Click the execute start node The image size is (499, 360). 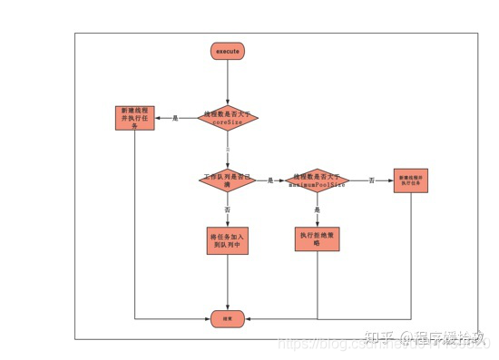point(228,52)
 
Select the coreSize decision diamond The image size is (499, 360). point(228,118)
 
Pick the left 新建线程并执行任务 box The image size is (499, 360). point(135,118)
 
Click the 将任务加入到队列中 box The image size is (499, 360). point(228,242)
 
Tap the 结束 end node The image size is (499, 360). point(228,318)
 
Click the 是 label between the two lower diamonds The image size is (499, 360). point(270,180)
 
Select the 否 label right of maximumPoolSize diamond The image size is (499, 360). point(372,180)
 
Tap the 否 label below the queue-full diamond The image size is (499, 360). point(228,209)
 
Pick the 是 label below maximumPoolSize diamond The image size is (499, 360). point(318,209)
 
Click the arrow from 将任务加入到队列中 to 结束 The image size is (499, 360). point(228,286)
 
